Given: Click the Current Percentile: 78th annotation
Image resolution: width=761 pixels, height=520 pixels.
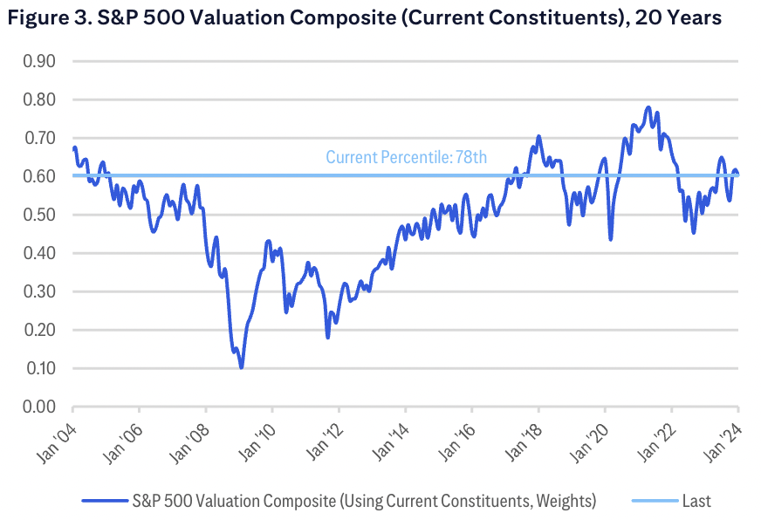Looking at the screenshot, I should (406, 158).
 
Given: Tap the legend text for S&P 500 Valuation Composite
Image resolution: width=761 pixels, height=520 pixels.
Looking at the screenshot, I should (364, 501).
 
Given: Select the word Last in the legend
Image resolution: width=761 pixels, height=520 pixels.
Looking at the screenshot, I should (697, 501).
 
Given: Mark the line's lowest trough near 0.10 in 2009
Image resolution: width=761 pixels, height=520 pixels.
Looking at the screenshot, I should (241, 367).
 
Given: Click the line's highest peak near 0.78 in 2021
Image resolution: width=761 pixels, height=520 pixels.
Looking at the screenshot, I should (648, 107).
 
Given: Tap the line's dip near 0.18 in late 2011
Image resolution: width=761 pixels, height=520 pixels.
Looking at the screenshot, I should (328, 337).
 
